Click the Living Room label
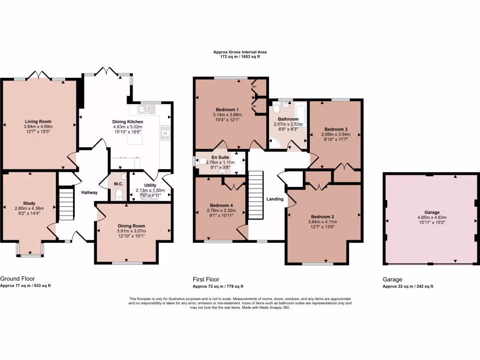(38, 121)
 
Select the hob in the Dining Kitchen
(165, 133)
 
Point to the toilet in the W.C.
(118, 195)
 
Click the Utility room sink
(150, 196)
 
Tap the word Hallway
(89, 193)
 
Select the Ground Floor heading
(17, 278)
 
